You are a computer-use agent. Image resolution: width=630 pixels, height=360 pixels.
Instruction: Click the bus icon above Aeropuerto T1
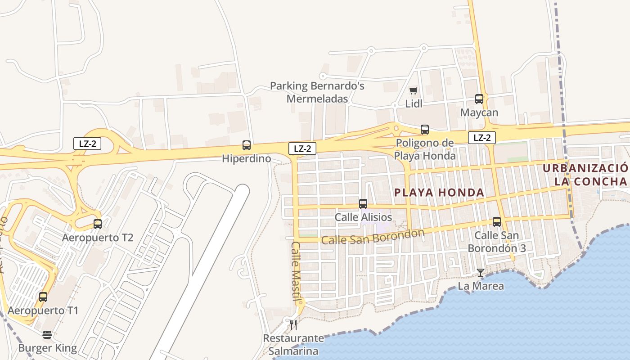[x=43, y=297]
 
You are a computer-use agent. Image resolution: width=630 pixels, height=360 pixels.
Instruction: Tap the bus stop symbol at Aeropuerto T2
[x=98, y=224]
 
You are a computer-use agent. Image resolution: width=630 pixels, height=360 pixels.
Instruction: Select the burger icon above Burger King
[x=47, y=335]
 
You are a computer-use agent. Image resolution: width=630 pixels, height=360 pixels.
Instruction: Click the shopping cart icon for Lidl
[x=414, y=90]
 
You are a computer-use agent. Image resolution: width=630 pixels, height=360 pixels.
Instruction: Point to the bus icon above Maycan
[x=479, y=99]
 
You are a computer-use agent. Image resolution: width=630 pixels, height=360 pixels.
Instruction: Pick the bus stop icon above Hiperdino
[x=247, y=145]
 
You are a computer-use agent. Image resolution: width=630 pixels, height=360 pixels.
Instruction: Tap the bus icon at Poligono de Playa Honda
[x=425, y=130]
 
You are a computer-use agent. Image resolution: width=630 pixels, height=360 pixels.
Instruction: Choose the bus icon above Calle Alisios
[x=363, y=204]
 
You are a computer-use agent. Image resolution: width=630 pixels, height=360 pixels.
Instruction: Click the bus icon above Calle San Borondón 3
[x=497, y=222]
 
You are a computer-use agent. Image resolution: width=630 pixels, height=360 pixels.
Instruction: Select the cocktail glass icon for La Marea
[x=481, y=273]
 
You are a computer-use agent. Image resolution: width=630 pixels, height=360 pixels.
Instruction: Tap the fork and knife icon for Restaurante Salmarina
[x=293, y=324]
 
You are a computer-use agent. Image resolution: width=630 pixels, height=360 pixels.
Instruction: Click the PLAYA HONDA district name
[x=439, y=193]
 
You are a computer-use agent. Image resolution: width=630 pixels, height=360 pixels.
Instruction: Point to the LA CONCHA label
[x=590, y=182]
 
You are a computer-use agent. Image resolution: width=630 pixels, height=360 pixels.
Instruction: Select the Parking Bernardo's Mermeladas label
[x=317, y=92]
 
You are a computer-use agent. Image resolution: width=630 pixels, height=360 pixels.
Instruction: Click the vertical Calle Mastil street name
[x=295, y=271]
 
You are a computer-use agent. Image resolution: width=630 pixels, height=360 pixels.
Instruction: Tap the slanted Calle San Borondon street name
[x=373, y=237]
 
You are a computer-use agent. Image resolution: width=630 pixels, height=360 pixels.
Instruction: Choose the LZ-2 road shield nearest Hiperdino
[x=302, y=148]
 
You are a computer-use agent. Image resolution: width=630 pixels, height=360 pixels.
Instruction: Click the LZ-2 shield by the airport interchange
[x=87, y=144]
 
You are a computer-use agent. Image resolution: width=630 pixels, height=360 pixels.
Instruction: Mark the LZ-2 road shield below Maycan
[x=481, y=138]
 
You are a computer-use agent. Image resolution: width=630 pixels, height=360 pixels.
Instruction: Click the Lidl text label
[x=414, y=104]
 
